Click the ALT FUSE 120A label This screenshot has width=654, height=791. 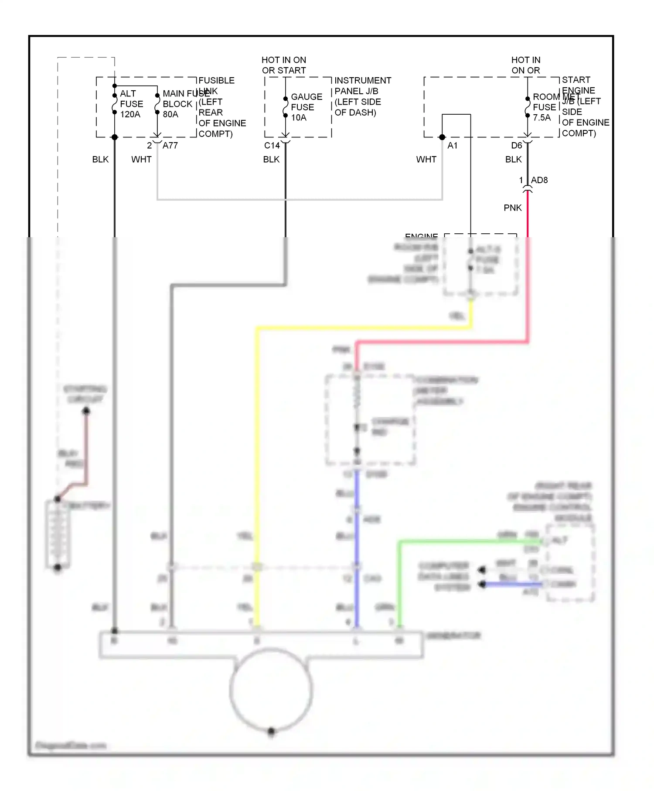(x=131, y=104)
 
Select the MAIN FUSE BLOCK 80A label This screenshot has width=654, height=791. (x=178, y=104)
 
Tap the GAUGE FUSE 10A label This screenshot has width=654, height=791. (x=306, y=107)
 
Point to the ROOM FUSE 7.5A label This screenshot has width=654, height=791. (x=545, y=107)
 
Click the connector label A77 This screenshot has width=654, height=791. (x=170, y=146)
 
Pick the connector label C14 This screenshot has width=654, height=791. (x=272, y=146)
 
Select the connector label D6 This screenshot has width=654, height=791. (x=516, y=146)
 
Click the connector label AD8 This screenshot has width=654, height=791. (x=539, y=180)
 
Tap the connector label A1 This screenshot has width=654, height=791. (x=453, y=146)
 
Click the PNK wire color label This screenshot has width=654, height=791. (x=512, y=208)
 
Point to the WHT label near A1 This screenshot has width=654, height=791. (x=426, y=160)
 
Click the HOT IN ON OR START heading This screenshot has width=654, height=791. (x=284, y=65)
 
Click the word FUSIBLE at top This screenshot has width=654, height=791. (x=216, y=81)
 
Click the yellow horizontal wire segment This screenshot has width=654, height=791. (x=362, y=328)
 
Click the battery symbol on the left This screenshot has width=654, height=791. (x=57, y=534)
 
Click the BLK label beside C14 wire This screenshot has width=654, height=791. (x=271, y=160)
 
